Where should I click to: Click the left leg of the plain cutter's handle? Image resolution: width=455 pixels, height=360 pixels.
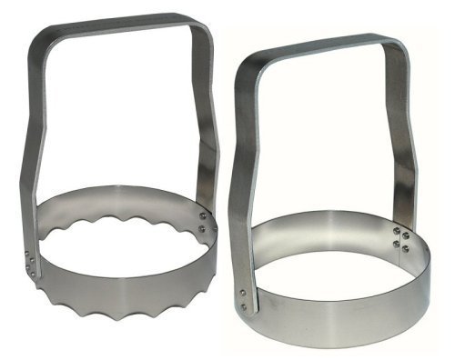click(238, 182)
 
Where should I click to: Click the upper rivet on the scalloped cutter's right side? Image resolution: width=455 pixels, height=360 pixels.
click(203, 215)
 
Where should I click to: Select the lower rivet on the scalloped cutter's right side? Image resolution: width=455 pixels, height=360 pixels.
click(203, 228)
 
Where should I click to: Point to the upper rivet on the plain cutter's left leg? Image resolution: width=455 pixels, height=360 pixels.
click(243, 292)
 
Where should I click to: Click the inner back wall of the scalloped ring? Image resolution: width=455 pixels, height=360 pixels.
click(118, 202)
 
